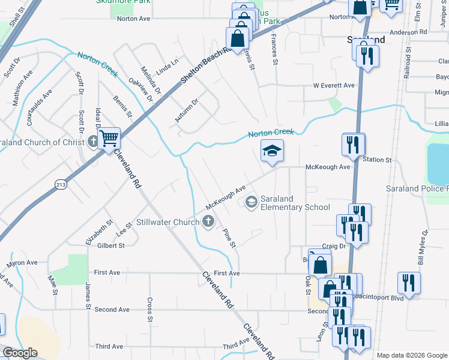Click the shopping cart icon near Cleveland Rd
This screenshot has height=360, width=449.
pyautogui.click(x=109, y=139)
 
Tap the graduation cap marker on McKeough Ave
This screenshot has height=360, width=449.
pyautogui.click(x=272, y=151)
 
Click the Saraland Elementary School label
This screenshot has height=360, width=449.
pyautogui.click(x=295, y=203)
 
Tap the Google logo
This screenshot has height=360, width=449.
pyautogui.click(x=20, y=353)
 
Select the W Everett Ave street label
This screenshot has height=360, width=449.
pyautogui.click(x=334, y=85)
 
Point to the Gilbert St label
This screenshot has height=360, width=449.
pyautogui.click(x=112, y=245)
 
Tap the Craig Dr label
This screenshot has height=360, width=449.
pyautogui.click(x=334, y=246)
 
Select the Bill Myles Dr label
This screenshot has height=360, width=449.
pyautogui.click(x=423, y=248)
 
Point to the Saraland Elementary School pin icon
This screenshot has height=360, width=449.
pyautogui.click(x=250, y=201)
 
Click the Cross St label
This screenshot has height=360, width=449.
pyautogui.click(x=149, y=310)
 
